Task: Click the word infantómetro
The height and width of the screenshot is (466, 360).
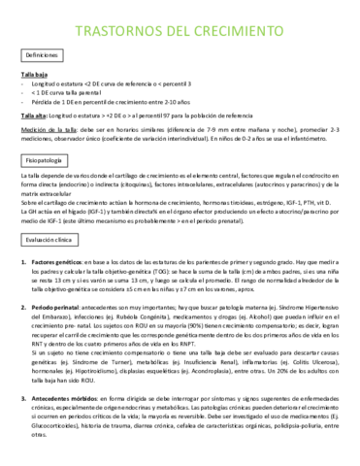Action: click(317, 141)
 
